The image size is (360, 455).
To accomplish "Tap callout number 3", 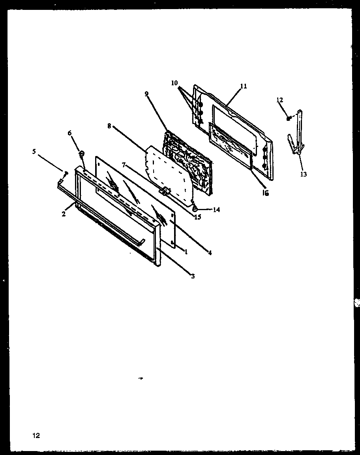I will tap(193, 276).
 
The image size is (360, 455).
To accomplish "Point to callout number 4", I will tap(210, 253).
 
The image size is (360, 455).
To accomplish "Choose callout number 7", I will tap(124, 164).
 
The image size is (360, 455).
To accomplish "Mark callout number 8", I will tap(109, 126).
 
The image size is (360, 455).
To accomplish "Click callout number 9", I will tap(146, 94).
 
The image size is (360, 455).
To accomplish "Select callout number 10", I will tap(174, 83).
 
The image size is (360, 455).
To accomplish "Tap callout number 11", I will tap(243, 86).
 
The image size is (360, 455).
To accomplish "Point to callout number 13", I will tap(304, 174).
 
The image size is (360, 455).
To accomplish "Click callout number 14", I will tap(216, 210).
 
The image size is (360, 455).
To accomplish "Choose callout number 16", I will tap(266, 194).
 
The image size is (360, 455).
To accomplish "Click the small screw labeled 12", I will tap(289, 117).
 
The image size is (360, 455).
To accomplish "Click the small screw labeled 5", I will tap(66, 173).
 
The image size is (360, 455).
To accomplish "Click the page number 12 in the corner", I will tap(36, 436).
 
